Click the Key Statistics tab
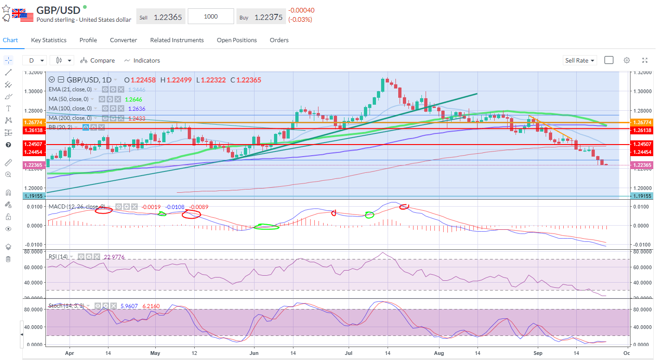pos(49,40)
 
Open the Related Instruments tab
pos(177,40)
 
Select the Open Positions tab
pos(236,40)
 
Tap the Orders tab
pos(279,40)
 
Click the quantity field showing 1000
pos(211,17)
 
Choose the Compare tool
pos(97,61)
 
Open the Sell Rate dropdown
pos(580,61)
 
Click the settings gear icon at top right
pos(627,60)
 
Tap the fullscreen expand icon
pos(645,60)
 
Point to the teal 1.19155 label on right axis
pos(642,196)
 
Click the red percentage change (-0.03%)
pos(300,19)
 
